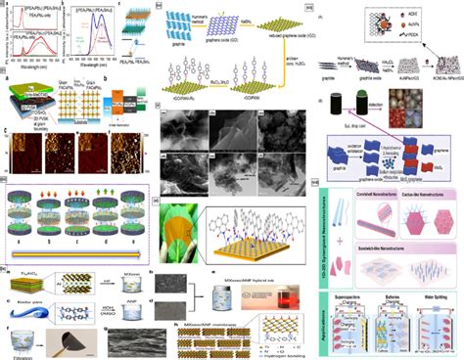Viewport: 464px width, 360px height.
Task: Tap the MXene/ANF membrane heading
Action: tap(201, 312)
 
